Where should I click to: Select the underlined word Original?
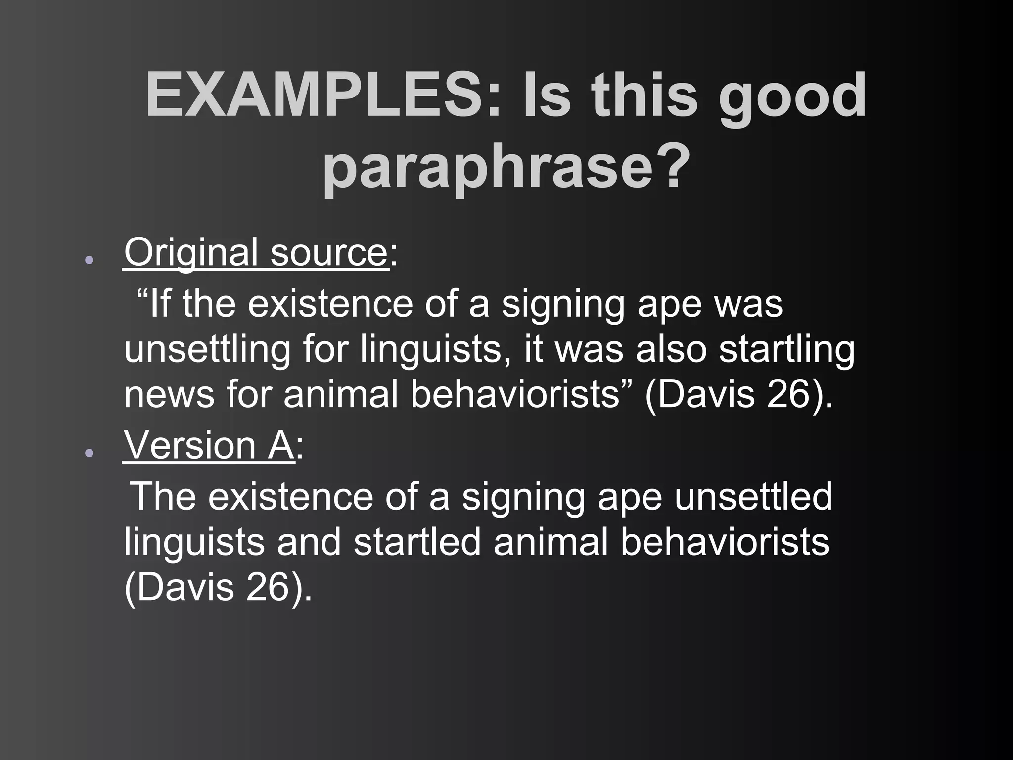coord(190,253)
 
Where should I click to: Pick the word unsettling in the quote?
coord(207,349)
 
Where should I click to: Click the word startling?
coord(786,349)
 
